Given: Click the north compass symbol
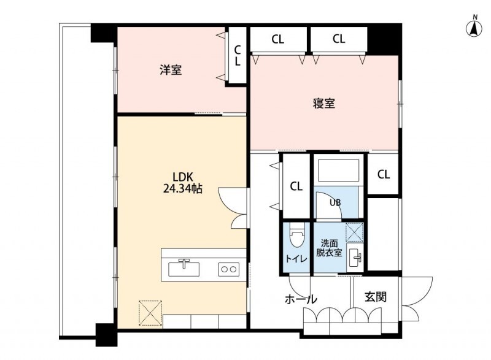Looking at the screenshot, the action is (x=475, y=27).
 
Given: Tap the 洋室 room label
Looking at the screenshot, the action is (x=171, y=70).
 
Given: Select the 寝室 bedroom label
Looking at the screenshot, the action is (x=324, y=103).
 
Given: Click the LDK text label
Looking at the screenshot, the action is (x=183, y=177).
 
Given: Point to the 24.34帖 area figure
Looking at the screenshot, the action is (x=182, y=189).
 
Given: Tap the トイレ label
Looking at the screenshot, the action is (x=296, y=259).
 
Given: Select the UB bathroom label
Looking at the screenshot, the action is (x=335, y=202).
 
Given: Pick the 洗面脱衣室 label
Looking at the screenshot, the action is (x=329, y=248).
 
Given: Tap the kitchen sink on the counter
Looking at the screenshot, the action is (x=184, y=269).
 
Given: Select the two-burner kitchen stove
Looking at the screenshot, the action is (x=228, y=269).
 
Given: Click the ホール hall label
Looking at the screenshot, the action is (x=301, y=299).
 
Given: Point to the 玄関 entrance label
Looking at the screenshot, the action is (x=376, y=297).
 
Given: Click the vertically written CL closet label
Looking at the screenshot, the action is (x=238, y=55).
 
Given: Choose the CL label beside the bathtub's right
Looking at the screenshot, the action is (x=384, y=174).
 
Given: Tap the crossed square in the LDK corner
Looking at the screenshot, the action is (x=150, y=313).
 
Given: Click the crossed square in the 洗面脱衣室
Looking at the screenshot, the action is (x=355, y=232).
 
